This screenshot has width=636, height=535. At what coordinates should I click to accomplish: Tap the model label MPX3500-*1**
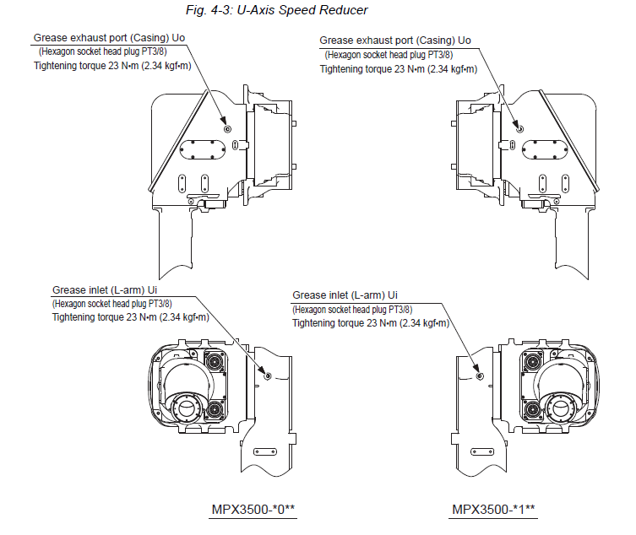pos(494,510)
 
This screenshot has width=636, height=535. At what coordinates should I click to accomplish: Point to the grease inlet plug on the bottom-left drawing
pos(268,376)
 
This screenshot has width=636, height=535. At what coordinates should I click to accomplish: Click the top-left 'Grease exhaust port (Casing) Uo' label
pos(109,38)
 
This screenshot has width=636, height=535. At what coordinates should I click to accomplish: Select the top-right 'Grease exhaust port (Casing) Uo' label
pos(395,40)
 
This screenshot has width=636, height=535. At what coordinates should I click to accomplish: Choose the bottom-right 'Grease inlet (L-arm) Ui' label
pos(345,295)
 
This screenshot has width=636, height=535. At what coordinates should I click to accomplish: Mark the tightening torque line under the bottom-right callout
pos(371,323)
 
